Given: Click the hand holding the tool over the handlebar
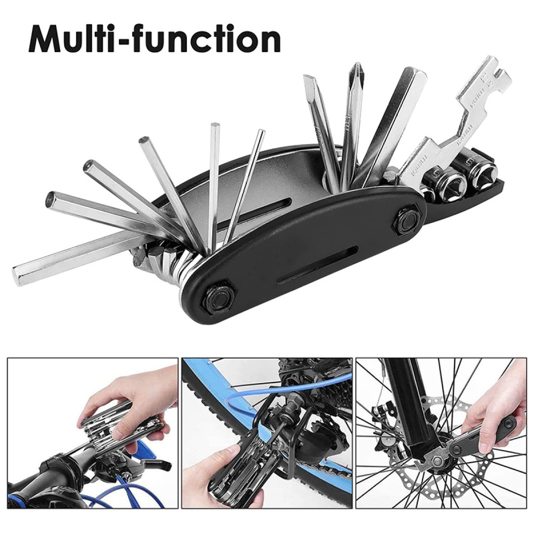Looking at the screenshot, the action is coord(125,399).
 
